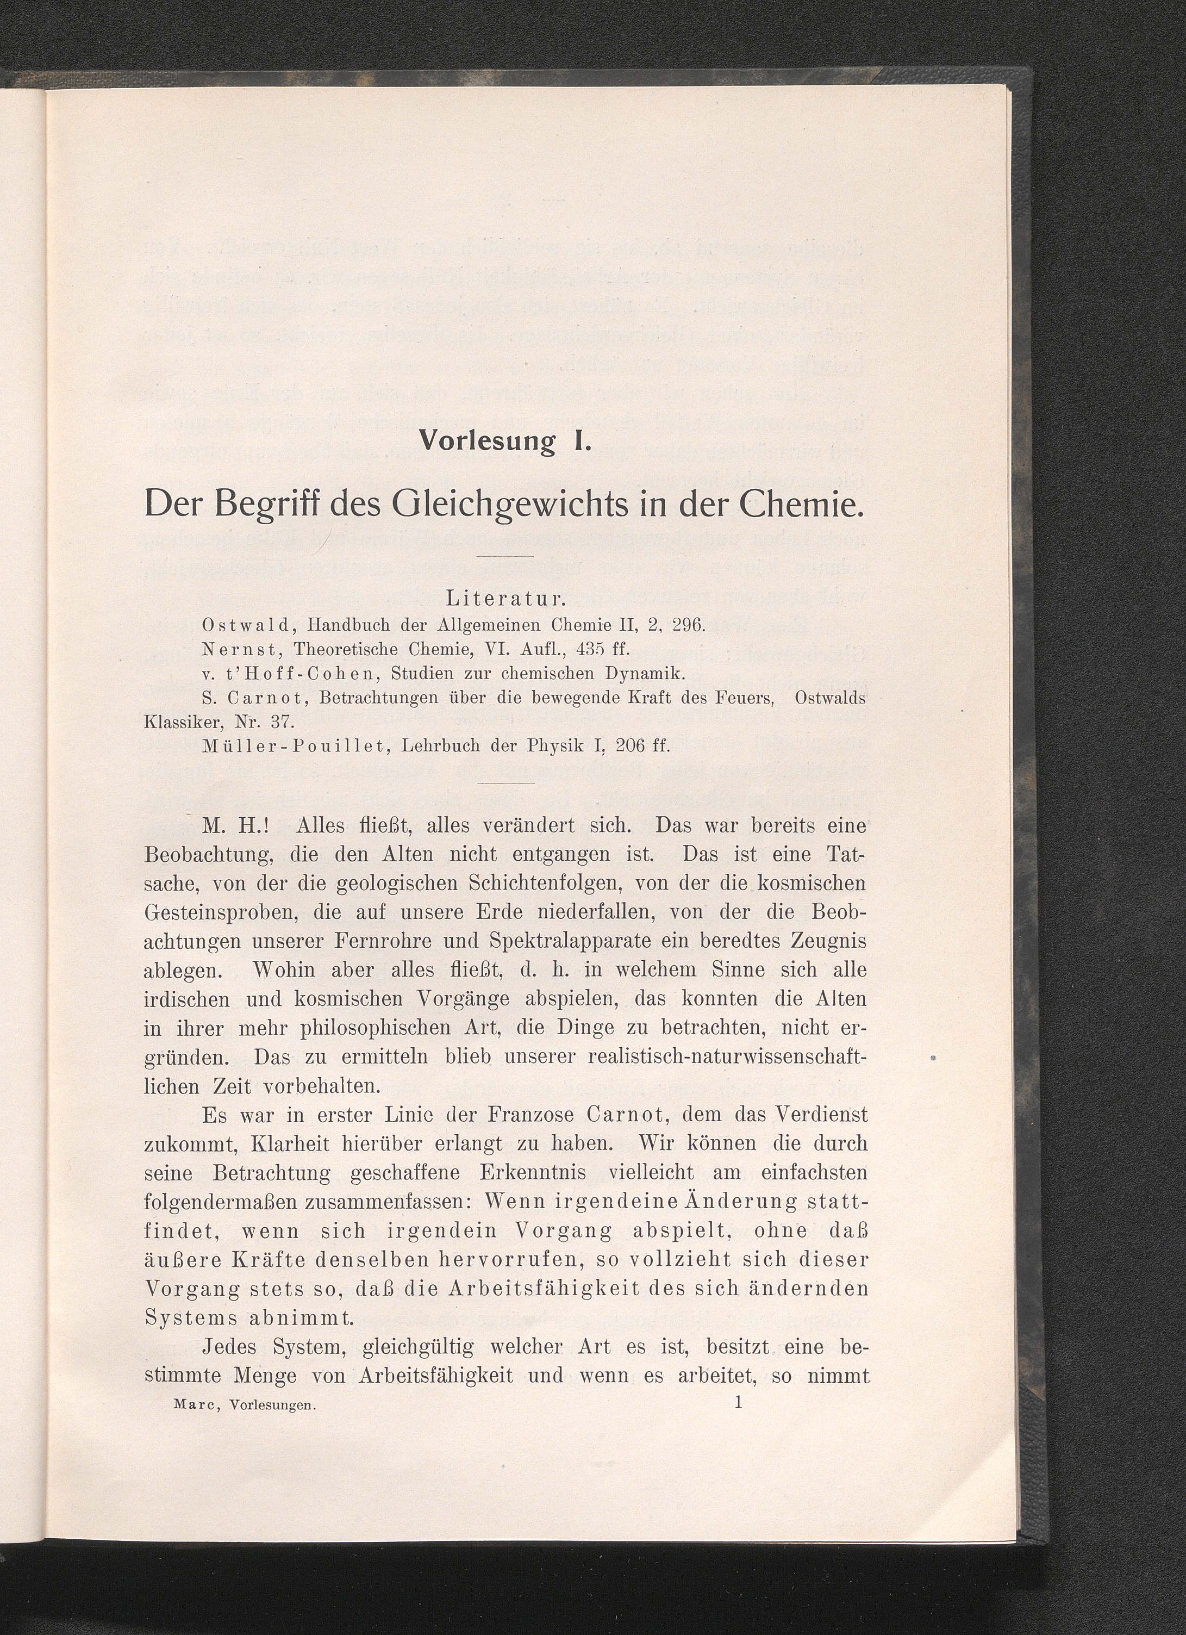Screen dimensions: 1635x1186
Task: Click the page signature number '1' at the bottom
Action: point(738,1402)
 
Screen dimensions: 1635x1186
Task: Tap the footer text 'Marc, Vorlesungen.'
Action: point(246,1405)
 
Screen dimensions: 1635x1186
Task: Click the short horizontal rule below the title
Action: point(505,556)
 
